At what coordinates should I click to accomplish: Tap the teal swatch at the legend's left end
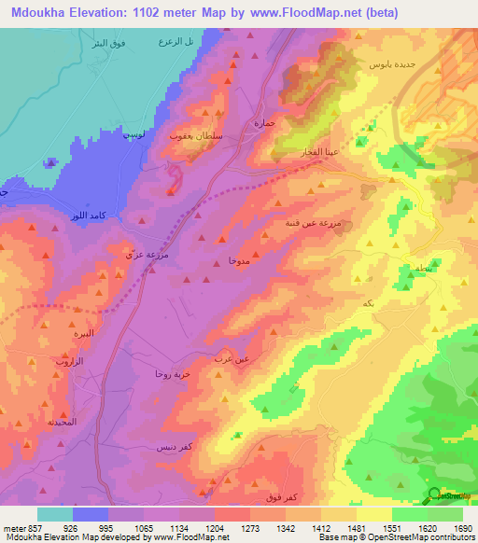coord(54,514)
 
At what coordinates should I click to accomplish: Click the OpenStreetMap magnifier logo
coord(434,494)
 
